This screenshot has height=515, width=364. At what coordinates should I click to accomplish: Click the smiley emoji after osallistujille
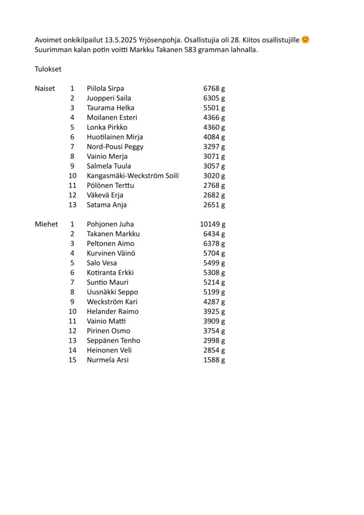point(305,40)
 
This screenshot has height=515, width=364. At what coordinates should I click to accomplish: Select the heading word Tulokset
point(48,69)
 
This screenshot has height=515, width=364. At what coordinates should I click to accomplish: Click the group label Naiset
point(45,89)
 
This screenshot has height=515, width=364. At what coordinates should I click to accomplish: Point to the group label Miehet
point(46,224)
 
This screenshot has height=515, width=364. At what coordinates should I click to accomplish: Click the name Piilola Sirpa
point(105,89)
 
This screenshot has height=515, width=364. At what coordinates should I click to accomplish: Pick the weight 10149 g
point(213,224)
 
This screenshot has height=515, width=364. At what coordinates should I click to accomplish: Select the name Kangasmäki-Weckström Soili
point(133,176)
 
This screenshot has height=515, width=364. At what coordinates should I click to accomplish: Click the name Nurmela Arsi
point(108,360)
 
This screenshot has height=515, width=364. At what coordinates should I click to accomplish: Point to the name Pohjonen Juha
point(110,224)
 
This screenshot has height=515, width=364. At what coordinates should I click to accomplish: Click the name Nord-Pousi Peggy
point(115,147)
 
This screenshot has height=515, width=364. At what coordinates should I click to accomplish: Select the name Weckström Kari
point(112,302)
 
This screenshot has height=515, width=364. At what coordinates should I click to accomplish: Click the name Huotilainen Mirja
point(115,137)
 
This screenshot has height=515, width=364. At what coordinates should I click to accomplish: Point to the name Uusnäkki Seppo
point(112,292)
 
